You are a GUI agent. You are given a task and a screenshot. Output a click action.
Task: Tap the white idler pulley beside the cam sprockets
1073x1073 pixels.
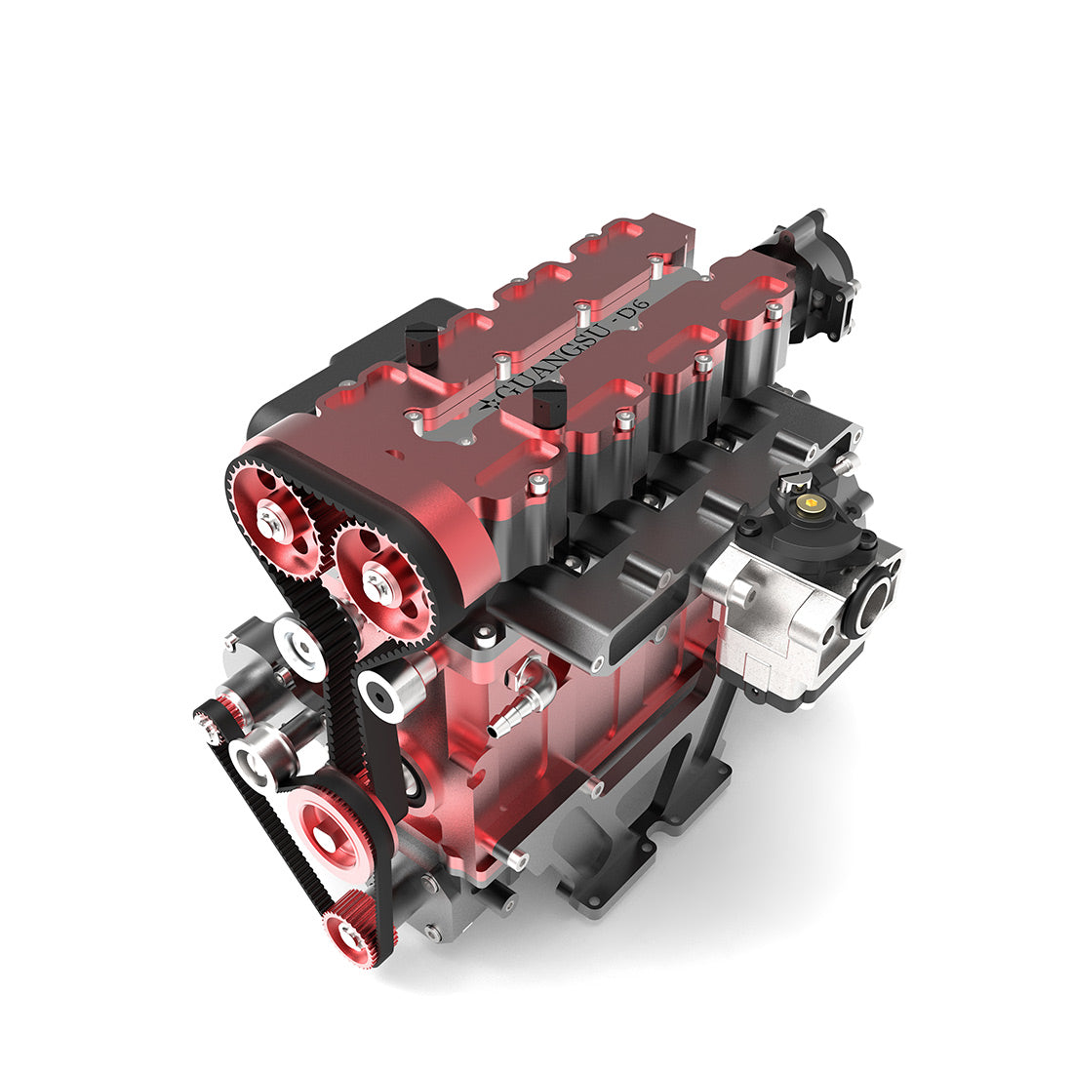coord(300,646)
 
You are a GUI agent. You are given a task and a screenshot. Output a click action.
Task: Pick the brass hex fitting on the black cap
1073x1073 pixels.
coord(807,503)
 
